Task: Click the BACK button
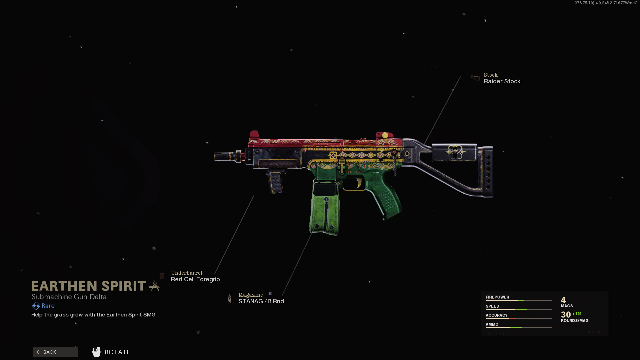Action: coord(55,352)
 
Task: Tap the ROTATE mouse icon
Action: coord(96,352)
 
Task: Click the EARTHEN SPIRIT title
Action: coord(89,286)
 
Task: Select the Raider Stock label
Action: coord(502,81)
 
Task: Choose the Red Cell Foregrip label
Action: coord(195,279)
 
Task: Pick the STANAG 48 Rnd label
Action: coord(261,301)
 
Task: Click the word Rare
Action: coord(48,306)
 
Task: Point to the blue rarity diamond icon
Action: coord(36,306)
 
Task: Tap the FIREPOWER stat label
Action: coord(497,297)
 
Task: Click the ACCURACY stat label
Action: coord(496,315)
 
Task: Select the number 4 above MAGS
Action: coord(563,300)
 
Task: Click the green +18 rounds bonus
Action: coord(576,314)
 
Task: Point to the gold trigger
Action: coord(359,183)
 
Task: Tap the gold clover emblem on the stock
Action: coord(455,152)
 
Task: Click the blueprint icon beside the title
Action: coord(155,286)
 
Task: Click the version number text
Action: coord(606,3)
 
